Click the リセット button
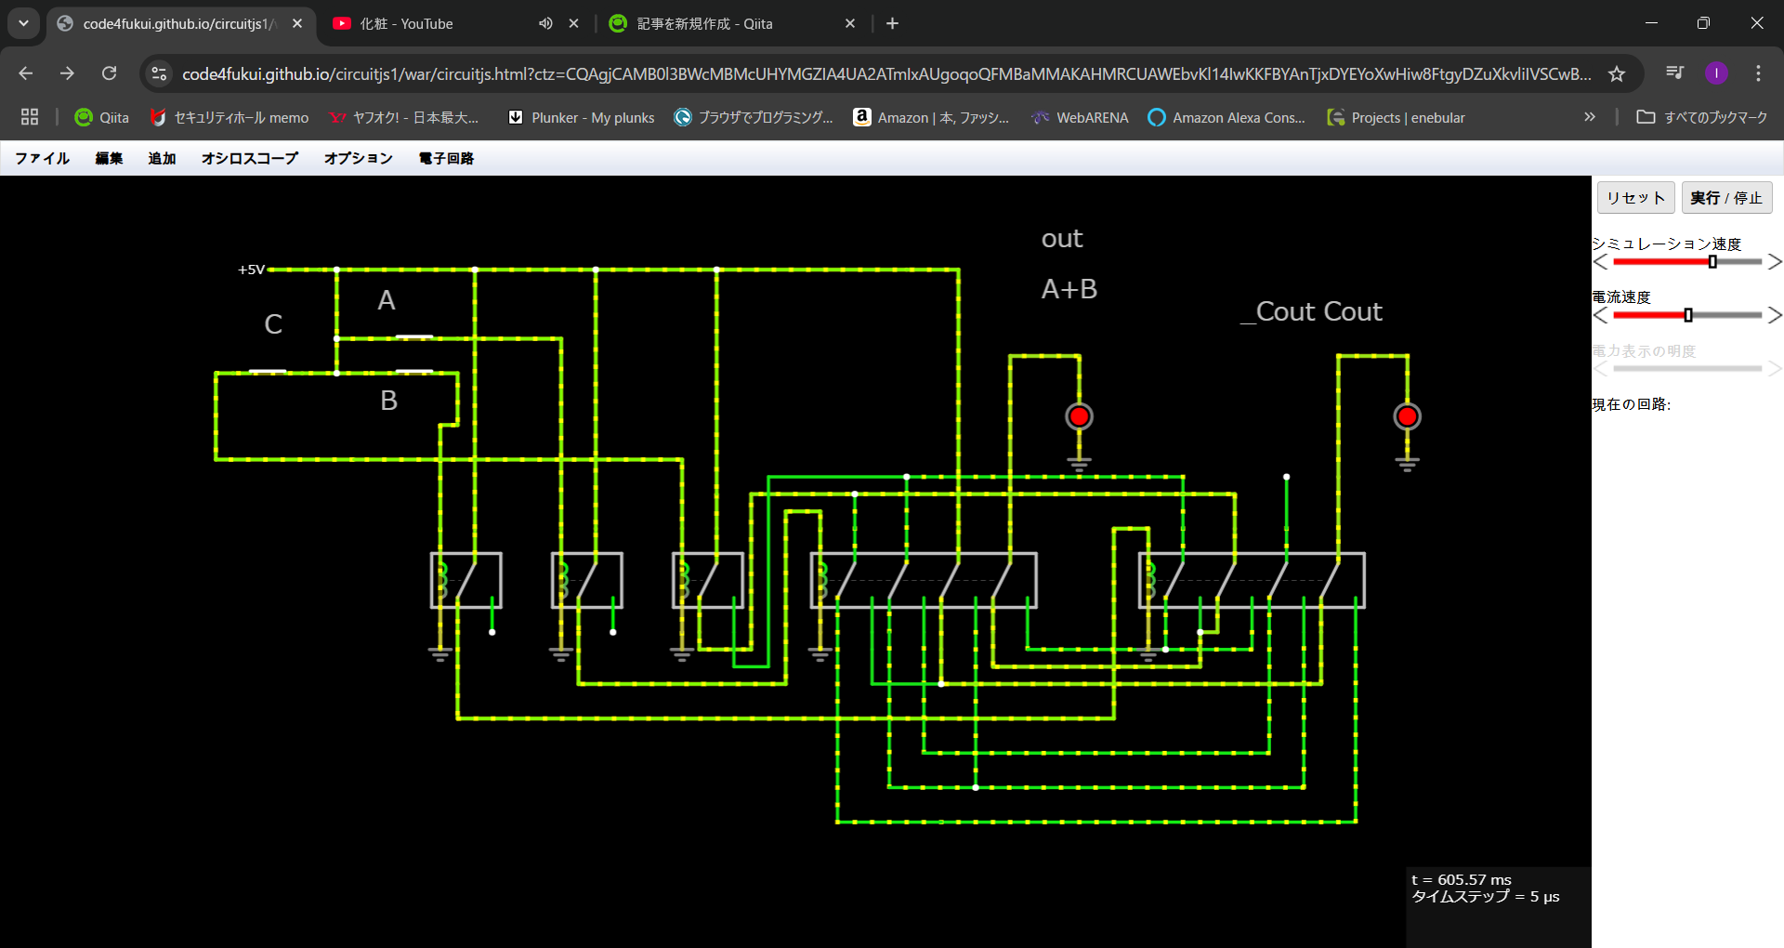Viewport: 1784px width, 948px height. [x=1635, y=198]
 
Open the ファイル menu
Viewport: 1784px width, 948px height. [x=43, y=158]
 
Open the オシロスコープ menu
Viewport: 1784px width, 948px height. [x=250, y=158]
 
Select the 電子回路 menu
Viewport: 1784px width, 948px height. [x=446, y=158]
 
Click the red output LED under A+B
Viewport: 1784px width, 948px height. [x=1079, y=416]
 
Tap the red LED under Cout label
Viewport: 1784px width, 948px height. [x=1407, y=416]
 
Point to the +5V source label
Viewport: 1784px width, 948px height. [x=251, y=270]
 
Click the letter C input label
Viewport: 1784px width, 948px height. [x=273, y=324]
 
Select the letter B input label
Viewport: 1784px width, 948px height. [x=388, y=401]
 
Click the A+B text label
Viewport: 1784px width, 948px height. [x=1069, y=289]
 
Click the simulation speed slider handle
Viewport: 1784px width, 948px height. [x=1712, y=262]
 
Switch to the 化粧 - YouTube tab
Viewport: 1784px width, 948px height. [x=406, y=24]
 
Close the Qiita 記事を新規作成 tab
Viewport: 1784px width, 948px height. [x=850, y=24]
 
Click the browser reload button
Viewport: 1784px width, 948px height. [x=110, y=73]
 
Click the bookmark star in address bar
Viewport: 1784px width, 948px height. [x=1617, y=73]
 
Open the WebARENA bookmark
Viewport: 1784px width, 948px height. [x=1080, y=118]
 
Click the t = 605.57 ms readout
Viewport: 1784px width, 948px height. [x=1462, y=879]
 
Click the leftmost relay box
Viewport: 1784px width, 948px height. [x=466, y=581]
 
